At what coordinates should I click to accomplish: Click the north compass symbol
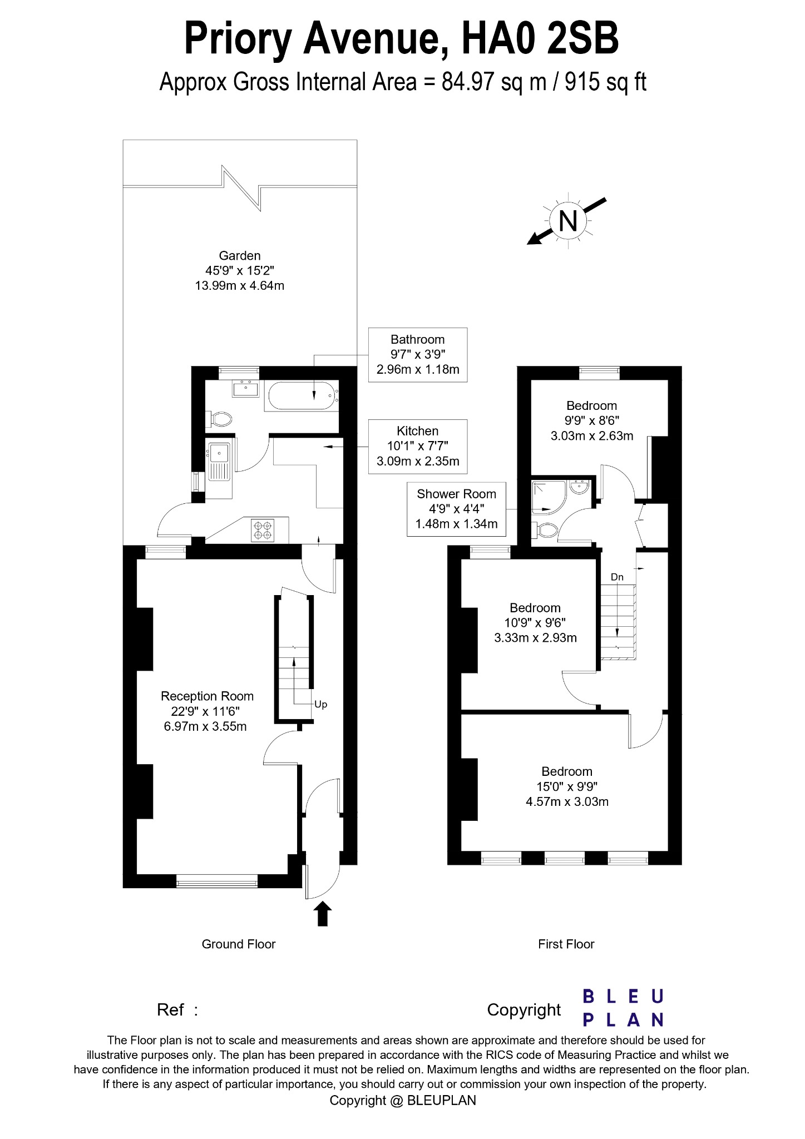[567, 221]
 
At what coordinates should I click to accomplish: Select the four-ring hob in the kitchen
[263, 530]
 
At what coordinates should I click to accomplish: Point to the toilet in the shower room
[545, 530]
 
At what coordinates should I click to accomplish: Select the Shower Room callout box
[456, 508]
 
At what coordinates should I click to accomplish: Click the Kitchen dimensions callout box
[417, 446]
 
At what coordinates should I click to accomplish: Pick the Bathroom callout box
[417, 354]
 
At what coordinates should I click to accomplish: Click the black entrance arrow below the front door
[323, 913]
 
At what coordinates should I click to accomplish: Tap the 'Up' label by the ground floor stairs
[321, 704]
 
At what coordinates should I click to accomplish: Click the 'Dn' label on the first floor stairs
[617, 577]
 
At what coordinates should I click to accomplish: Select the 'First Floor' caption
[566, 944]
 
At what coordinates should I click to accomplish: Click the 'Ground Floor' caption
[238, 944]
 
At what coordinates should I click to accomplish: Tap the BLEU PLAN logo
[623, 1007]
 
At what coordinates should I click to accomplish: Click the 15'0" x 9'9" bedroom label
[566, 786]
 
